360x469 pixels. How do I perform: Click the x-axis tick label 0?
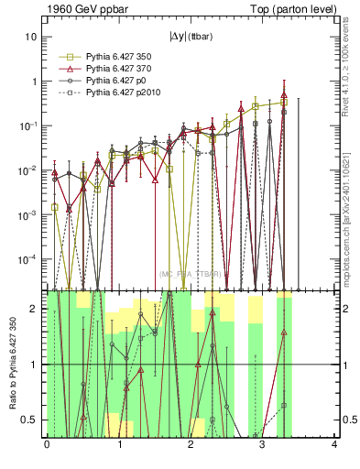pos(47,445)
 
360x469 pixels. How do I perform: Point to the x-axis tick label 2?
pos(191,445)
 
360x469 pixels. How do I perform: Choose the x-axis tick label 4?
pos(334,445)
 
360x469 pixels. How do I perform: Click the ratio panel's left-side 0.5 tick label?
pos(29,420)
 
